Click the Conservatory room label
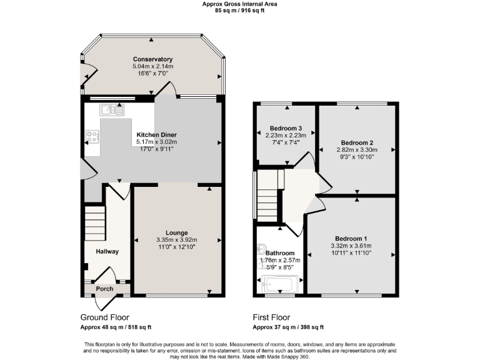[x=152, y=59]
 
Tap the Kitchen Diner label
[x=157, y=135]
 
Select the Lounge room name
[x=177, y=232]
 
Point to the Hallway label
[x=107, y=251]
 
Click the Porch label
[x=104, y=289]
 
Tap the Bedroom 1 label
[x=351, y=239]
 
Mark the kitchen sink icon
[x=112, y=111]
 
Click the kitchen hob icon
[x=92, y=135]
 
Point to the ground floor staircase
[x=94, y=224]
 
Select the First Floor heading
[x=271, y=317]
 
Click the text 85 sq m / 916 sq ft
[x=240, y=11]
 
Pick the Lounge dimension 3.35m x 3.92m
[x=177, y=240]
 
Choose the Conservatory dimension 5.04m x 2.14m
[x=152, y=66]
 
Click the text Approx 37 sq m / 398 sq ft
[x=288, y=327]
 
